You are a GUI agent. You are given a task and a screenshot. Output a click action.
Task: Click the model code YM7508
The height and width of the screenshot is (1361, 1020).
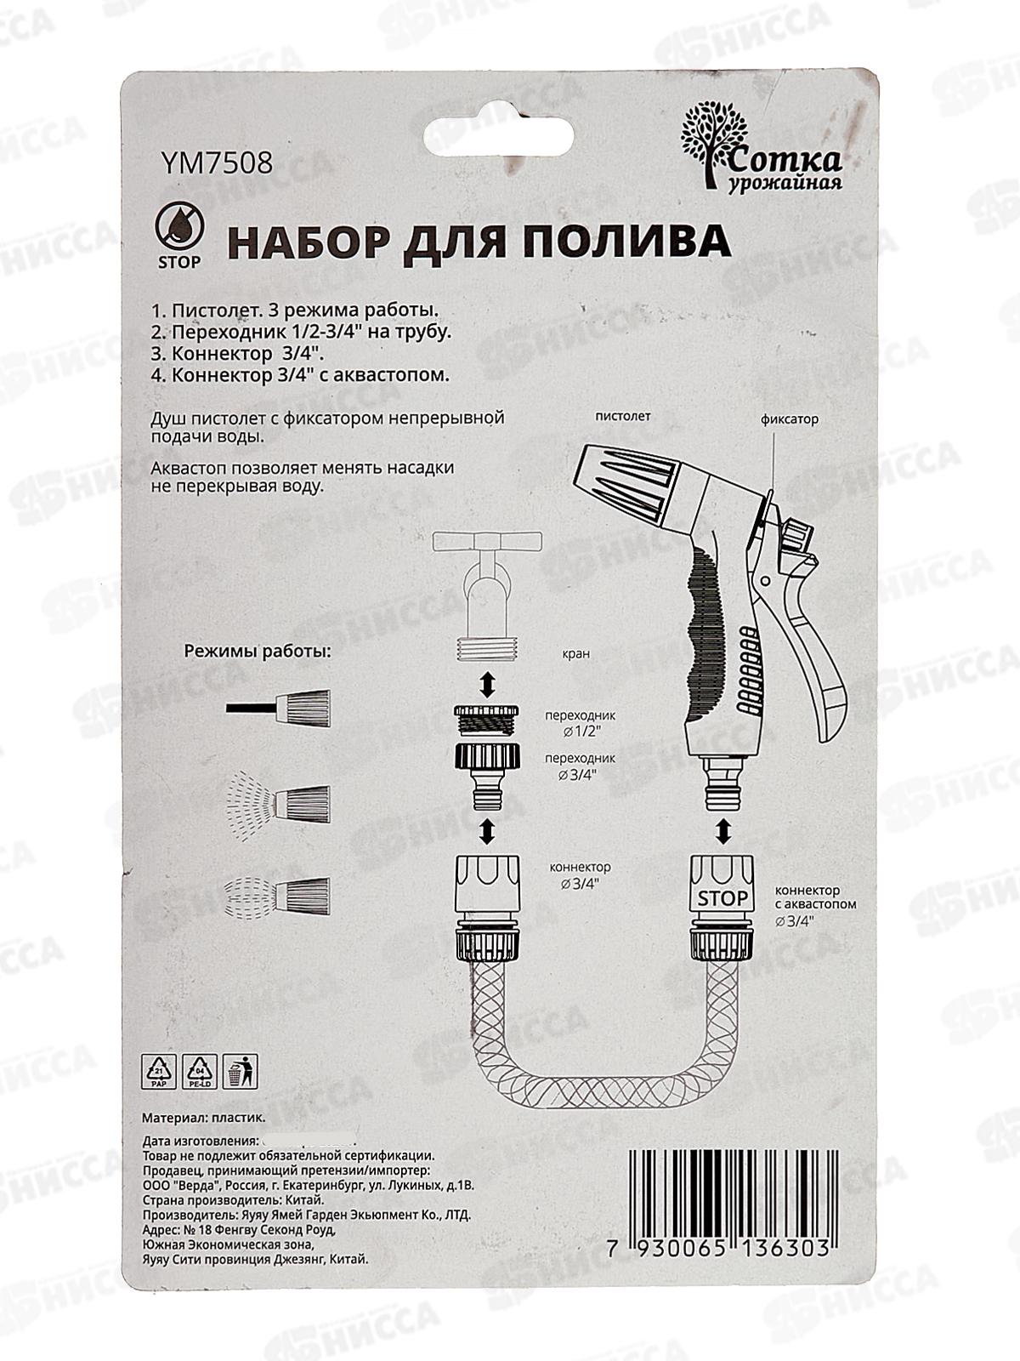coord(216,162)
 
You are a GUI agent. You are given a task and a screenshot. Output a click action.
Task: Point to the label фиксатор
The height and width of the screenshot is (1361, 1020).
coord(789,419)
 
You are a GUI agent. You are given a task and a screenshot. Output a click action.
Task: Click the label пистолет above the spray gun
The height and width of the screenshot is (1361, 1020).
coord(622,416)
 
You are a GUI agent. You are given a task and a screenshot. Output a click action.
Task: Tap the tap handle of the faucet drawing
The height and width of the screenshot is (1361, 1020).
coord(486,540)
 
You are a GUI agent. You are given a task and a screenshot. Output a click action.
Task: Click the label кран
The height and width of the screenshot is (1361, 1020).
coord(575,653)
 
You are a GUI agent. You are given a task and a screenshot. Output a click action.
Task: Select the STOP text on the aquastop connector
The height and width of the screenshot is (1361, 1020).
coord(722,897)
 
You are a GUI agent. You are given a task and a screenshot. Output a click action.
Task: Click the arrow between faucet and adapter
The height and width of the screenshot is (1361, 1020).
coord(486,683)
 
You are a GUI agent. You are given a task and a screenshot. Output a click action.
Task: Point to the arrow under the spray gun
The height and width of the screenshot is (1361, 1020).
coord(722,830)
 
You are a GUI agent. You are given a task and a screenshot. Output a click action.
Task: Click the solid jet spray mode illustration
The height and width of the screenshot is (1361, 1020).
coord(279,707)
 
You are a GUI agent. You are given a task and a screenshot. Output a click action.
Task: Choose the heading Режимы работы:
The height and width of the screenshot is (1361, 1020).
coord(258,652)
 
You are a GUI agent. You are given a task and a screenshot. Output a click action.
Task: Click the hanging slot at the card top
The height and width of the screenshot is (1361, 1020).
coord(509,133)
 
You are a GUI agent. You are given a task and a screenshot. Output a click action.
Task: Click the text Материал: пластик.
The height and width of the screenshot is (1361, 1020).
coord(204,1118)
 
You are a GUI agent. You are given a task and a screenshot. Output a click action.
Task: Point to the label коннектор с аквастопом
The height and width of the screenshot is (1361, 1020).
coord(814,897)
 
